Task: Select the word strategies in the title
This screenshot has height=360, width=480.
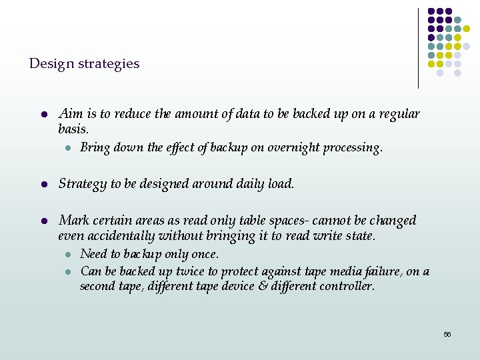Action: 109,64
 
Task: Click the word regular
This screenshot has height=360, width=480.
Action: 399,114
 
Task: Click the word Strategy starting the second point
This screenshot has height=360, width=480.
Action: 83,184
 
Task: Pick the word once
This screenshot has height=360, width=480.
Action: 205,255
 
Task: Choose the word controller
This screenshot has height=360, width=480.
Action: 347,287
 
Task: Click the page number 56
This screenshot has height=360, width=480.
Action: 447,334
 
